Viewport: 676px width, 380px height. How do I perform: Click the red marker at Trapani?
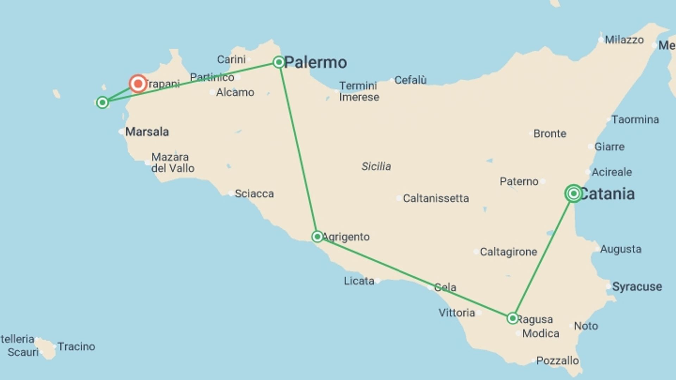click(x=138, y=84)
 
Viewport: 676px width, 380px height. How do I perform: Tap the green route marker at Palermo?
click(x=279, y=62)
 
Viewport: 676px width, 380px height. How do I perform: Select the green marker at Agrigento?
click(x=317, y=236)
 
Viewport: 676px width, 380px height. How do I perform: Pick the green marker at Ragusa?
click(x=513, y=318)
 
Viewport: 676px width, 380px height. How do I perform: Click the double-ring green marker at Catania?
click(x=574, y=193)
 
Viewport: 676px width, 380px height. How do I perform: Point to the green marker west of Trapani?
click(x=102, y=102)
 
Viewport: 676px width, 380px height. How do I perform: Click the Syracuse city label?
click(x=637, y=287)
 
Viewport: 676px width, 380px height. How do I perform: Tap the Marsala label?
click(x=147, y=132)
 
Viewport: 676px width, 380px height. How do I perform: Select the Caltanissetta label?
click(x=436, y=198)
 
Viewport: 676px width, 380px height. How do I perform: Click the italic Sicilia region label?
click(x=376, y=166)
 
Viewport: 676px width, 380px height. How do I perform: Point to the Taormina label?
click(x=635, y=120)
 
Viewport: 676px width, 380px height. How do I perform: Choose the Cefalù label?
click(x=411, y=80)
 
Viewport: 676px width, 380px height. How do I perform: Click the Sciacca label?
click(x=254, y=194)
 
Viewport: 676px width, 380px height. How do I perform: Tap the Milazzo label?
click(x=624, y=40)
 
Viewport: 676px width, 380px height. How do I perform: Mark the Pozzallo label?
click(x=557, y=361)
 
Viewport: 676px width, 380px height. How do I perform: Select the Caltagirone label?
click(x=508, y=252)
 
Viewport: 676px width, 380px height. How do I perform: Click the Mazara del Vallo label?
click(x=173, y=163)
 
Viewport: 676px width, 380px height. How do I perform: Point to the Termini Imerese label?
click(x=359, y=91)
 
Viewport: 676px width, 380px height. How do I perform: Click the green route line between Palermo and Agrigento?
click(x=298, y=150)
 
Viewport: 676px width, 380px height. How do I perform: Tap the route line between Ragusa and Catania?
click(x=543, y=256)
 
